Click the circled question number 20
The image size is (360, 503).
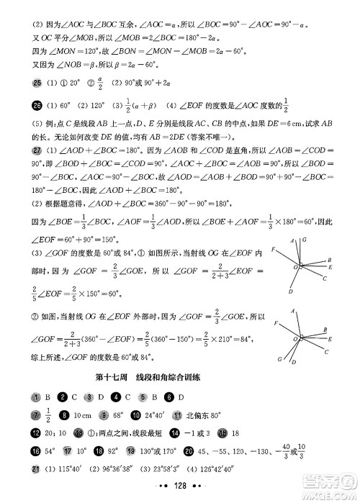[188, 452]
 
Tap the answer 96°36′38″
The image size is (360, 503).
[117, 470]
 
